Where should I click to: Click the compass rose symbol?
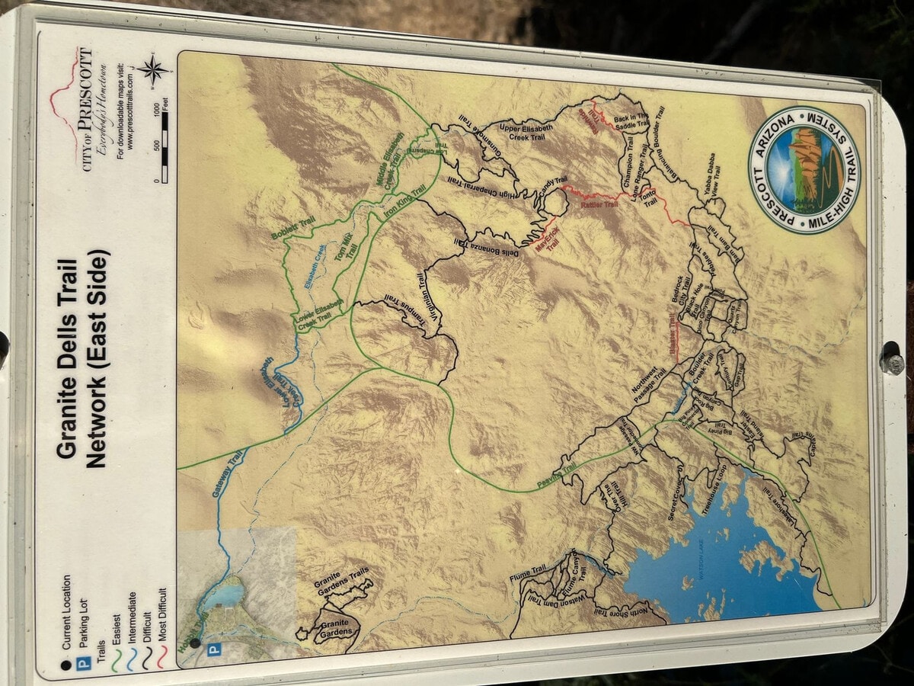[x=154, y=70]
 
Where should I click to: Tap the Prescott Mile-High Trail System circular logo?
[x=804, y=169]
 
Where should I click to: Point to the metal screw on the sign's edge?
[x=892, y=358]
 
